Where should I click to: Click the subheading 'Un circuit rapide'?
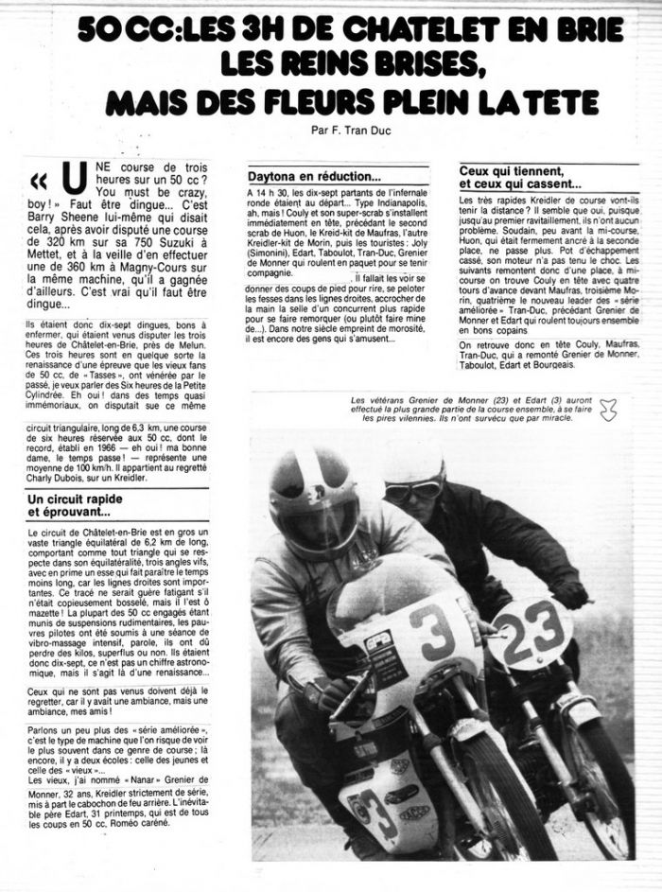click(79, 498)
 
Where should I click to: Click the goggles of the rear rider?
click(415, 488)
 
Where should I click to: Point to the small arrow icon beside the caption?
click(608, 409)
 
